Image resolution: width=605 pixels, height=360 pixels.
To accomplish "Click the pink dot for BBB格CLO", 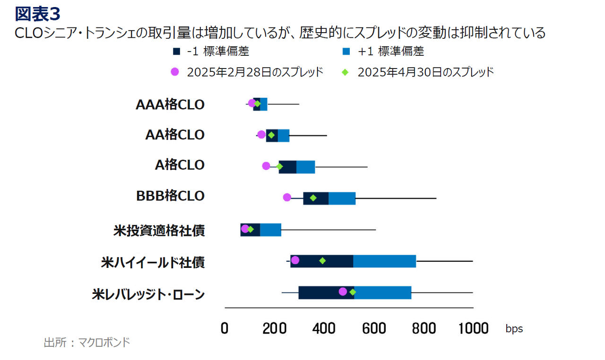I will point(287,197).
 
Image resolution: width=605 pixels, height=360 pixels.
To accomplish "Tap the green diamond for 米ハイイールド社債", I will point(322,260).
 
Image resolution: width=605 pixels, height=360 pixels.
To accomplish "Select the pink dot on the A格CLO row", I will point(266,166).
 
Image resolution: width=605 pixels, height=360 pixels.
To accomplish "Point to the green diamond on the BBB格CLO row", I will point(313,197).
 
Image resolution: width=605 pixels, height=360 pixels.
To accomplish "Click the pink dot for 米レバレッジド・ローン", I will point(343,291).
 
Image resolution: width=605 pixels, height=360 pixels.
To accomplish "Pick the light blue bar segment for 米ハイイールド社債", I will point(384,261).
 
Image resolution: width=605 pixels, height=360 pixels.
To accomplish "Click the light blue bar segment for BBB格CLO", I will point(342,198).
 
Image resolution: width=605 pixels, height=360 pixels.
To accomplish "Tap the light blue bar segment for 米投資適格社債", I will point(270,230).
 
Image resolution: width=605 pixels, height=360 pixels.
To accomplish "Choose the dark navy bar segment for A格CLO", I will point(288,167).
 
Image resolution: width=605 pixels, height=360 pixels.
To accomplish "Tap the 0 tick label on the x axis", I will point(225,328).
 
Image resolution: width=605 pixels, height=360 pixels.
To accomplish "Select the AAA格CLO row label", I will point(170,104).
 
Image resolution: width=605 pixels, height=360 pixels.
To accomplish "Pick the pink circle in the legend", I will point(175,72).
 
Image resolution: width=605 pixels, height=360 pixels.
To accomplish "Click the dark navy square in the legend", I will point(176,51).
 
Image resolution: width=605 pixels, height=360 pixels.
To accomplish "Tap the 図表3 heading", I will point(38,14).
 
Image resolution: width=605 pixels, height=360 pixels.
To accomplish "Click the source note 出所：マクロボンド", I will point(86,343).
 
